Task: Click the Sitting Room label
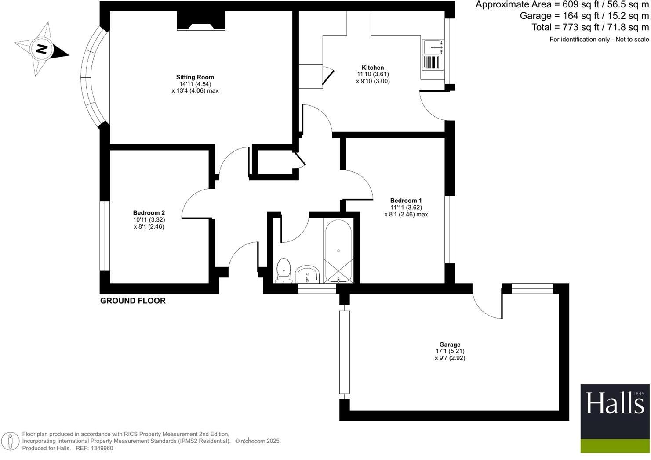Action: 195,77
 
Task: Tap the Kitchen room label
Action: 373,68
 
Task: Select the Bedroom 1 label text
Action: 406,201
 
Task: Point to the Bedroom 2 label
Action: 149,213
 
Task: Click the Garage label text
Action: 450,345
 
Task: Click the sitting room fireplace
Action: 201,21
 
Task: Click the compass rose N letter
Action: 41,49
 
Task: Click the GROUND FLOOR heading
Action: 133,301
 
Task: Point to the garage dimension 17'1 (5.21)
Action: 450,351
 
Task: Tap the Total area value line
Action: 590,27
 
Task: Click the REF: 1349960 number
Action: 102,448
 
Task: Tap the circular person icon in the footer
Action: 10,441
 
